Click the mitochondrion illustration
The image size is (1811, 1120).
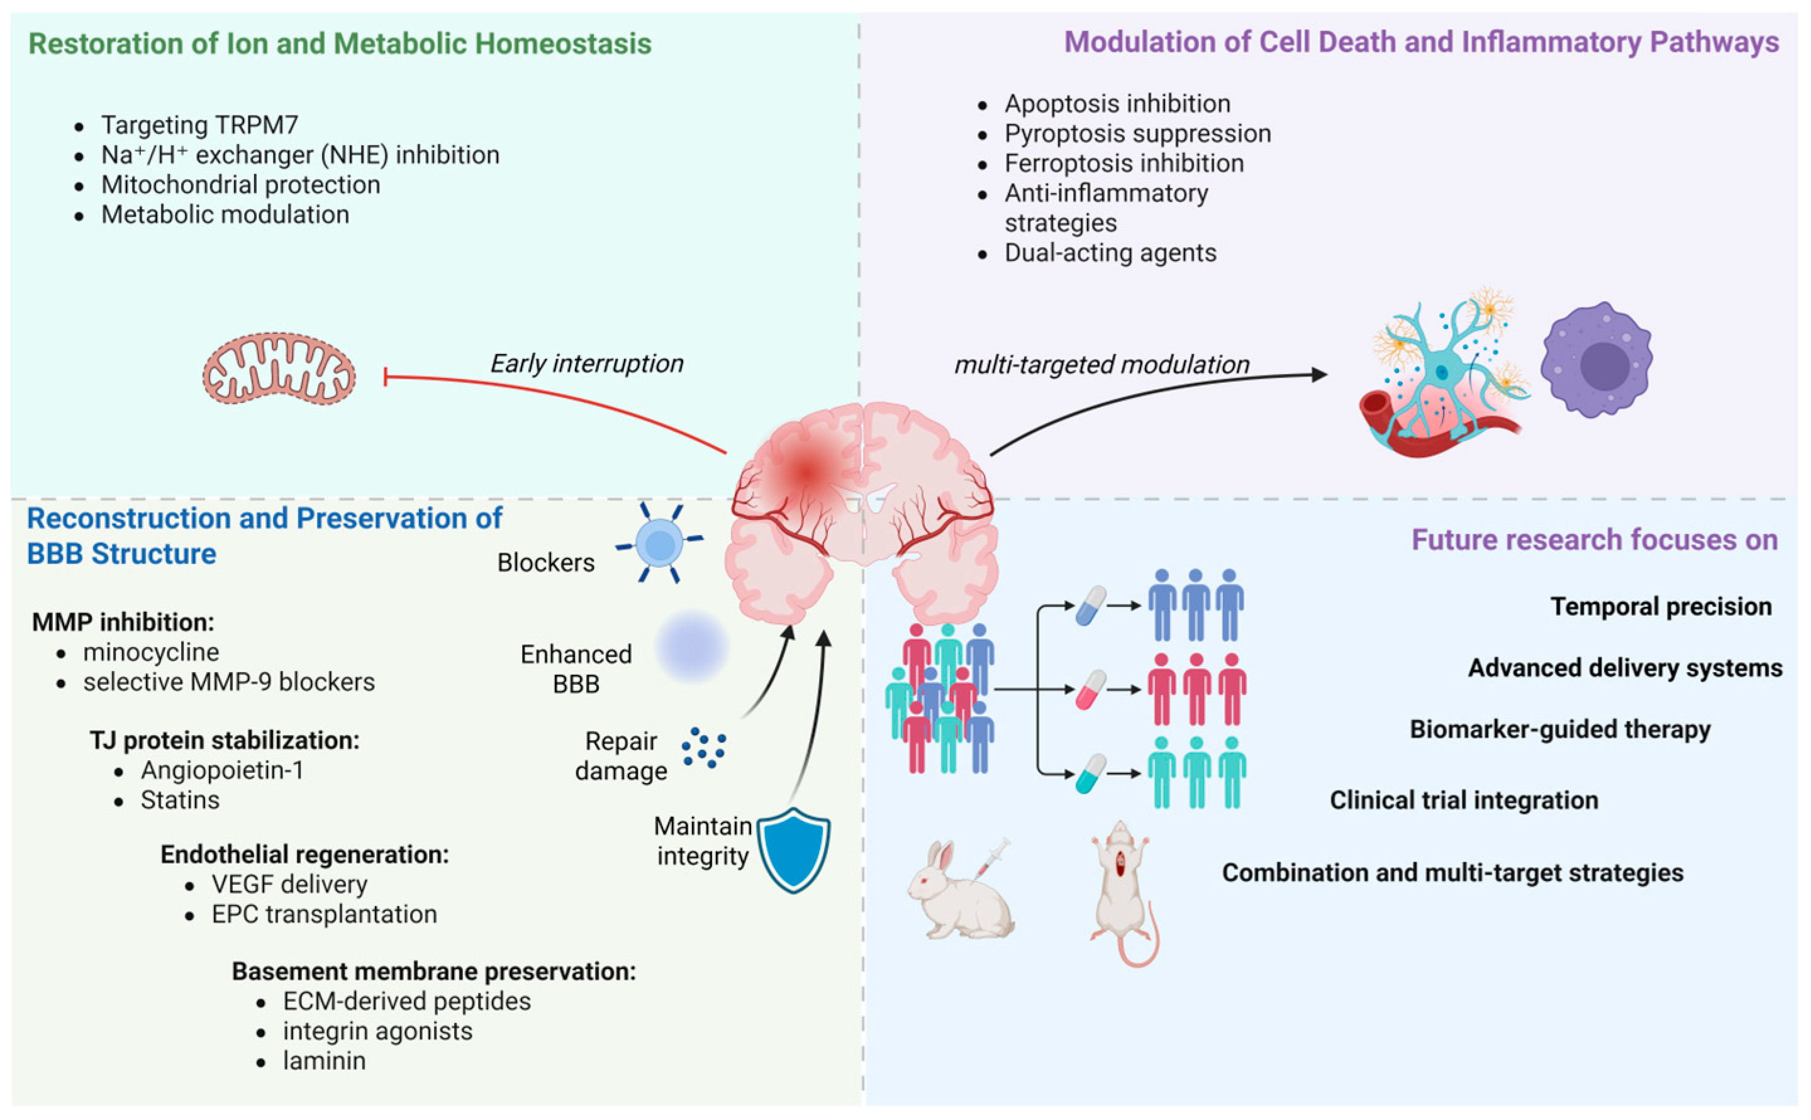279,368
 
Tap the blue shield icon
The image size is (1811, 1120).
794,850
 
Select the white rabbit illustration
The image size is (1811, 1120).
959,889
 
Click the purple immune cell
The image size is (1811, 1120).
1597,359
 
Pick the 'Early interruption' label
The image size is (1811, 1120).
587,363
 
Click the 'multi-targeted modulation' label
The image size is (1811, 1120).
1102,365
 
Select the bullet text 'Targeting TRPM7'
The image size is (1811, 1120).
199,125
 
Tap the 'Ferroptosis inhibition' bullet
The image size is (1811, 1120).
1124,163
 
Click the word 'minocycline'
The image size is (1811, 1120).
151,652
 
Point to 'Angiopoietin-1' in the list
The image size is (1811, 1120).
222,770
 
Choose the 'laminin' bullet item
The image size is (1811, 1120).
324,1061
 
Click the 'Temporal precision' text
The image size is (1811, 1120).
1661,607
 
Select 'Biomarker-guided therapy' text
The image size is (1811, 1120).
1560,729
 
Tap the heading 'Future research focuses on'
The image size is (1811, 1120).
1594,540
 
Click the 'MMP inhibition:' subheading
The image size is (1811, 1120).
123,621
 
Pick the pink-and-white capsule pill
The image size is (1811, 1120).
1091,690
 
